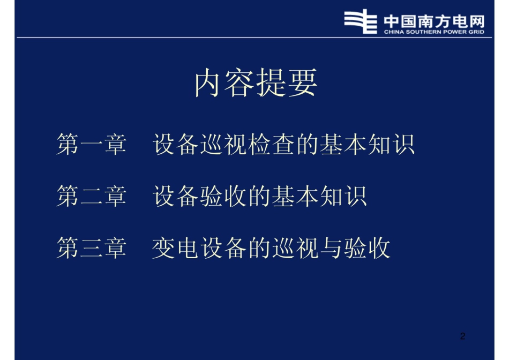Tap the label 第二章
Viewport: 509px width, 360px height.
click(91, 197)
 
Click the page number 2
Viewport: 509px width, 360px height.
click(463, 336)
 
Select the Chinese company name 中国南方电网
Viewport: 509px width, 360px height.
click(434, 20)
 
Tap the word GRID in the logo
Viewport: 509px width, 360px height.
click(476, 32)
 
